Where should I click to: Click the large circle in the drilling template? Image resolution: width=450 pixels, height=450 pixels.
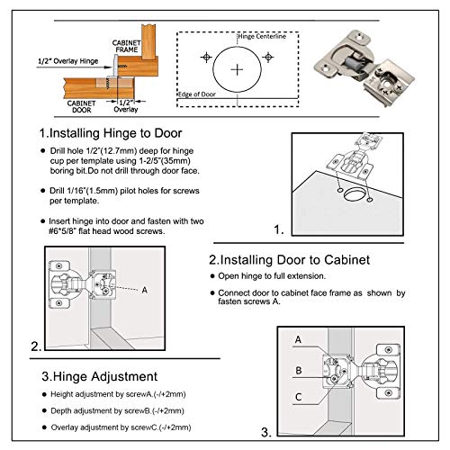pyautogui.click(x=238, y=68)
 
